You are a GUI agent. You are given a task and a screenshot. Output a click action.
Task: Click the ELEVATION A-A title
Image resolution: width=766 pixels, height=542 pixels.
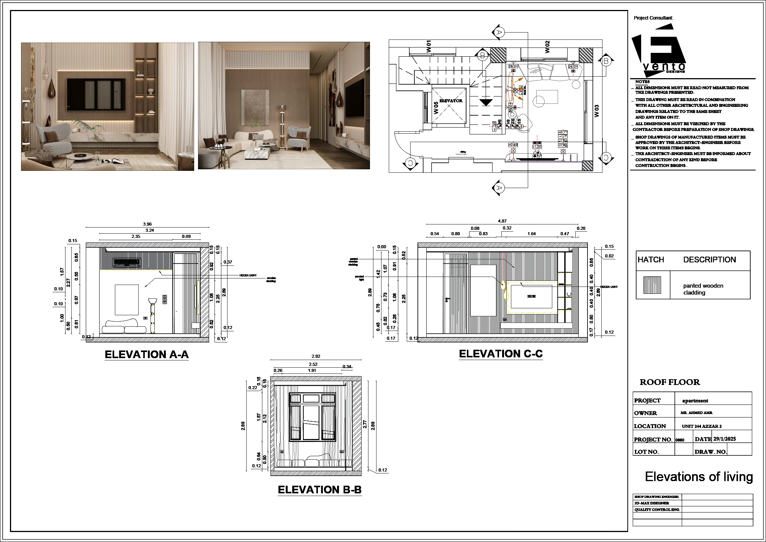click(x=147, y=355)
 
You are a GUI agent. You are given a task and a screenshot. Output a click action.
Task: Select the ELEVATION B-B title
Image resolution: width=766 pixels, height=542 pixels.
click(x=319, y=490)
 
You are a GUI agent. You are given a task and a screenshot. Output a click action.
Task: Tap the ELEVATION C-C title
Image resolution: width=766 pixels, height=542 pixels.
click(x=501, y=354)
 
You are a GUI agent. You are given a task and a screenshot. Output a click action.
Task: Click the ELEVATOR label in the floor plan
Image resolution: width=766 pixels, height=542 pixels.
click(x=451, y=101)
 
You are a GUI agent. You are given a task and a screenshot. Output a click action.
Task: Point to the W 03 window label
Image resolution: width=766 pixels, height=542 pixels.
click(x=596, y=111)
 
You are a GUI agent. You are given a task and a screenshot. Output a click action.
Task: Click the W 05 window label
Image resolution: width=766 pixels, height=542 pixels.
click(x=436, y=108)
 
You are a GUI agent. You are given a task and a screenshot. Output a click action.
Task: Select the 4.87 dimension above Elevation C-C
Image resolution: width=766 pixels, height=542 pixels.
click(x=502, y=221)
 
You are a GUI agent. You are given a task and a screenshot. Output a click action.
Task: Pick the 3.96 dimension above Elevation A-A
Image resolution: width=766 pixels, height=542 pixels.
click(x=147, y=224)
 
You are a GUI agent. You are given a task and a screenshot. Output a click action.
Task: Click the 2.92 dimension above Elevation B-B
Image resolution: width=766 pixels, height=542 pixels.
click(x=316, y=356)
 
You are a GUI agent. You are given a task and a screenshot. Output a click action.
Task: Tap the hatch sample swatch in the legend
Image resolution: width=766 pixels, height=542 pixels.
click(x=652, y=285)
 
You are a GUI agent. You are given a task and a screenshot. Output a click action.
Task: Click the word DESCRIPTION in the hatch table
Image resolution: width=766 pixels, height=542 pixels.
click(x=709, y=260)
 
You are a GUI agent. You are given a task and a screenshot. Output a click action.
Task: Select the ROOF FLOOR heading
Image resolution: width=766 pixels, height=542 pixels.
click(x=669, y=382)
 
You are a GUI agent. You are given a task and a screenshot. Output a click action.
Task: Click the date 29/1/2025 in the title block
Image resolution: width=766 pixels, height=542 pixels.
click(x=724, y=439)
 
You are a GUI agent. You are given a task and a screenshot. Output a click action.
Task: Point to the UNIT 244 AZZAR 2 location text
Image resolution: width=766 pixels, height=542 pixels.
click(x=702, y=426)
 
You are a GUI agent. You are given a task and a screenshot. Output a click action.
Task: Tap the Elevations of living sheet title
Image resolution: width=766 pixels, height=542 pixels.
click(x=699, y=477)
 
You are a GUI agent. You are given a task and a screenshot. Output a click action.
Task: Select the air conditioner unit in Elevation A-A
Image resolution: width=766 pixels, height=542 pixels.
click(x=127, y=263)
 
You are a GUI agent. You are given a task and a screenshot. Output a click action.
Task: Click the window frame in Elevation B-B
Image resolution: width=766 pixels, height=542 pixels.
click(x=312, y=417)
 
